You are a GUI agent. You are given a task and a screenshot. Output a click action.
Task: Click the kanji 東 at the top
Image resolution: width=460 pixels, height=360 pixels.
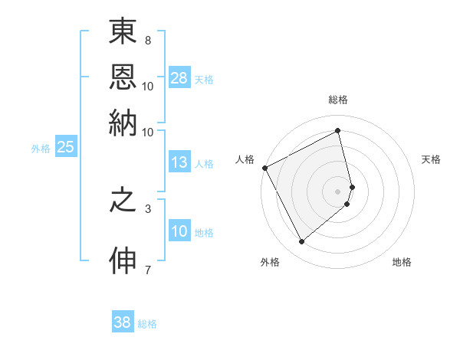tap(123, 34)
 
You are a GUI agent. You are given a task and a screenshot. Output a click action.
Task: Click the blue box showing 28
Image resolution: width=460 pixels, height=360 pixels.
tap(179, 78)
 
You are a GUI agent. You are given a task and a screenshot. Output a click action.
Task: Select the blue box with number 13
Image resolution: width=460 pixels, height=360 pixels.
tap(179, 162)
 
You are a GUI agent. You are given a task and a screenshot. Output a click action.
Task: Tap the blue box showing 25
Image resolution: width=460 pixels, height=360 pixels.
tap(65, 148)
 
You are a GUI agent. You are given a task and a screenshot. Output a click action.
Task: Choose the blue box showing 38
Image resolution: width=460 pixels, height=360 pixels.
tap(123, 322)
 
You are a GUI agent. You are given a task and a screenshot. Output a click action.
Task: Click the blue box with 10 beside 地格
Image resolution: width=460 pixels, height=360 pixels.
tap(179, 232)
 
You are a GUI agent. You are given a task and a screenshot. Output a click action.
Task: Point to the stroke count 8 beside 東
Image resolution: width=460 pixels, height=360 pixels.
tap(148, 41)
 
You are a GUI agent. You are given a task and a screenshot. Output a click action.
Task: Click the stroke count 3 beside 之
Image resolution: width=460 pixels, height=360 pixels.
tap(148, 208)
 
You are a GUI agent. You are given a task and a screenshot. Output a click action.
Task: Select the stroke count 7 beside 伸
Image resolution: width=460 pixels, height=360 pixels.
tap(148, 269)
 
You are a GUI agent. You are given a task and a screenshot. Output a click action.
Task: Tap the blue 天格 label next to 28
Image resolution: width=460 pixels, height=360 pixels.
tap(204, 79)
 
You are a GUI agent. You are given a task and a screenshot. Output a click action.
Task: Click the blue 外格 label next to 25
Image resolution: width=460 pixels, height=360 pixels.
tap(41, 149)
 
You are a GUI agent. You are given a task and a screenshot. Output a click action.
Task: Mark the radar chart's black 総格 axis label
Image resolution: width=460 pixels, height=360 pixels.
tap(337, 100)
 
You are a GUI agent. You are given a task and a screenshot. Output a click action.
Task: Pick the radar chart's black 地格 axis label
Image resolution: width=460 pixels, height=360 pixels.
tap(402, 262)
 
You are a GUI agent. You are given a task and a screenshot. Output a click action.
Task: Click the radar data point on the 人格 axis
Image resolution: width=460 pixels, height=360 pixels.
tap(264, 168)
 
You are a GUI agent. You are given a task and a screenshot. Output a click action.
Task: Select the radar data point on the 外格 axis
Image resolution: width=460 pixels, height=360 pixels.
tap(302, 242)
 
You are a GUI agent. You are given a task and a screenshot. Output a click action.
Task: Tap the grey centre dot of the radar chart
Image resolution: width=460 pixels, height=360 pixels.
tap(338, 191)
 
